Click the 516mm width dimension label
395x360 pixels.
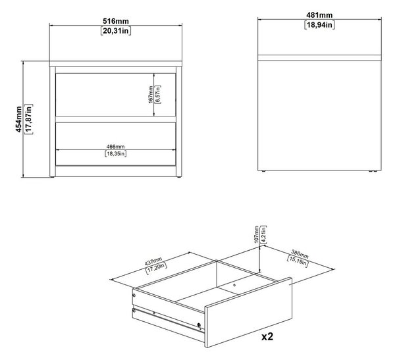pyautogui.click(x=116, y=21)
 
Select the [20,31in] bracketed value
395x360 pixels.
pyautogui.click(x=116, y=31)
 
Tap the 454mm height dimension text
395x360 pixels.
pyautogui.click(x=18, y=119)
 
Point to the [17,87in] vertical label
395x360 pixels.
pyautogui.click(x=28, y=119)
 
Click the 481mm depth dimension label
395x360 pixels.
pyautogui.click(x=319, y=15)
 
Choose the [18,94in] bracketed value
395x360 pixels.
pyautogui.click(x=319, y=25)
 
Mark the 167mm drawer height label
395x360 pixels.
pyautogui.click(x=151, y=95)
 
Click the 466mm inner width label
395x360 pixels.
pyautogui.click(x=115, y=146)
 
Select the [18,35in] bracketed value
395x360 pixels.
pyautogui.click(x=115, y=153)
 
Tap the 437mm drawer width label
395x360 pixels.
pyautogui.click(x=153, y=262)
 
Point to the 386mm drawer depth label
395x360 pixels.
pyautogui.click(x=300, y=254)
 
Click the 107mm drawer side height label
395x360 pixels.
pyautogui.click(x=257, y=234)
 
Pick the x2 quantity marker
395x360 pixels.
pyautogui.click(x=267, y=336)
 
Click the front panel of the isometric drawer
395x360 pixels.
pyautogui.click(x=249, y=313)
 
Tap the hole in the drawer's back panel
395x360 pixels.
pyautogui.click(x=234, y=285)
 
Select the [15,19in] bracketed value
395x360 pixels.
pyautogui.click(x=298, y=261)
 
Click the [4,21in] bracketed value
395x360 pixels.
pyautogui.click(x=263, y=234)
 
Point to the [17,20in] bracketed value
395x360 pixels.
pyautogui.click(x=156, y=269)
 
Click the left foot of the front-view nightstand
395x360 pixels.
pyautogui.click(x=52, y=177)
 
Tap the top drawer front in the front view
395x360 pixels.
pyautogui.click(x=115, y=95)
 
